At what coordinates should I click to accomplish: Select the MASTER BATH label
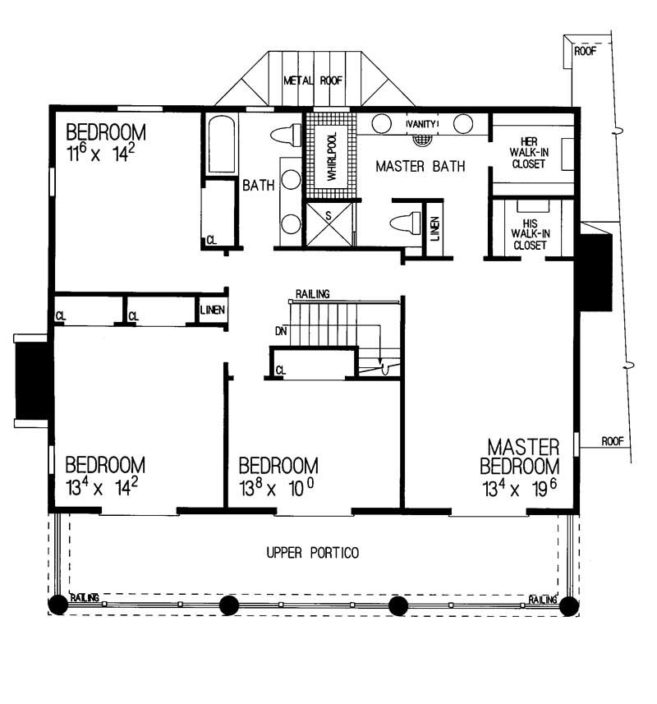[420, 167]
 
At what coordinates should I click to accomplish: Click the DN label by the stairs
[281, 332]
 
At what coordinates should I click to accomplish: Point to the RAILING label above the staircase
[312, 293]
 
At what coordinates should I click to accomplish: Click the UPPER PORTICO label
[312, 553]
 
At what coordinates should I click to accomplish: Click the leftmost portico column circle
[57, 605]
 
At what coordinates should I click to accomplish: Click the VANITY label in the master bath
[421, 124]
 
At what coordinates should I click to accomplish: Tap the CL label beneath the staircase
[282, 370]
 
